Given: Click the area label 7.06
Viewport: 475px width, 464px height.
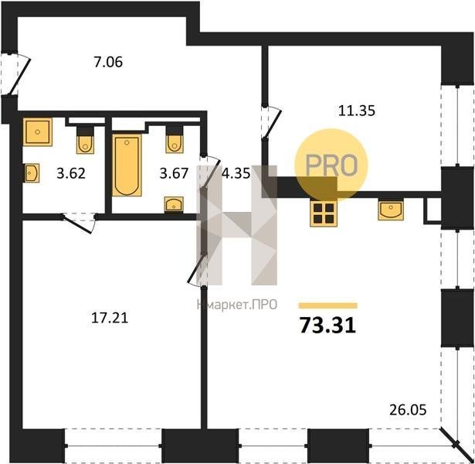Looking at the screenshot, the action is tap(108, 63).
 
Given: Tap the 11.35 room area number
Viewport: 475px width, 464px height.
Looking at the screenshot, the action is tap(357, 111).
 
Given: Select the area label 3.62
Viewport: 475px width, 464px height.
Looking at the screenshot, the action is tap(71, 174).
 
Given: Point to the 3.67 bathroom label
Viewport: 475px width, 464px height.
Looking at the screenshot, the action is tap(175, 174).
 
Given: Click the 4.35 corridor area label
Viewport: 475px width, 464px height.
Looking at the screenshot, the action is tap(236, 174).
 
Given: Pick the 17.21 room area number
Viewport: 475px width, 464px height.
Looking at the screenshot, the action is tap(110, 318).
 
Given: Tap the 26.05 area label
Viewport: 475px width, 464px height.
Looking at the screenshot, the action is tap(408, 411).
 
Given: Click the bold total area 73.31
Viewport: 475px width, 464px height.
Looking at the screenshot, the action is tap(327, 326).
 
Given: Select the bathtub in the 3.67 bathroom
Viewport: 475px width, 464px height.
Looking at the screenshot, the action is tap(127, 165).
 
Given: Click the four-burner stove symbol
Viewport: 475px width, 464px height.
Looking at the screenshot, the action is tap(324, 213).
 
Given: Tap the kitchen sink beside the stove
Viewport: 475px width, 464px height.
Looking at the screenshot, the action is tap(391, 210).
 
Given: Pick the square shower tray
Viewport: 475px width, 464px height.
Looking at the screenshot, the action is tap(38, 132).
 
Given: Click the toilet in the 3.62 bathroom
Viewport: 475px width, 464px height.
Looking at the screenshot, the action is tap(85, 140).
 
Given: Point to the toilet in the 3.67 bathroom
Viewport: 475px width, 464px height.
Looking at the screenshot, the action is tap(175, 140).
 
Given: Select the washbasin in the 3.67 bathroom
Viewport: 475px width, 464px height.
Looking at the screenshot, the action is tap(174, 204).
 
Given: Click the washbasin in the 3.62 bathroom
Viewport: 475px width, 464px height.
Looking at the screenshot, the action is tap(32, 173).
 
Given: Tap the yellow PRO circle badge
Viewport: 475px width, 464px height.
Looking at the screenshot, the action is tap(331, 165).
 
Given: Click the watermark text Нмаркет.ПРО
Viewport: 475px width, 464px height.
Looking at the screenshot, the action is tap(237, 305).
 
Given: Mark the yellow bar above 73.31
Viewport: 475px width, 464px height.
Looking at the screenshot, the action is tap(328, 305).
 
